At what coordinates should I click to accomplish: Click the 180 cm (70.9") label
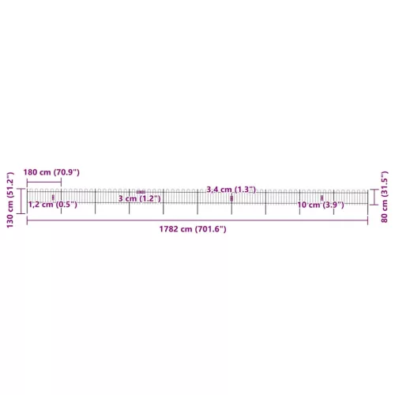tap(51, 172)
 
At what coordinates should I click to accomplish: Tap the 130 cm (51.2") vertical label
tap(10, 200)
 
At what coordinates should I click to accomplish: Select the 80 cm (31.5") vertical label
tap(385, 197)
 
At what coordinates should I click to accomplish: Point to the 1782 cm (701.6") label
tap(193, 229)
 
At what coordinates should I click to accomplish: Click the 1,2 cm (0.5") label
tap(53, 205)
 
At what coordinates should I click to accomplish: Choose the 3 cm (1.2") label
tap(139, 198)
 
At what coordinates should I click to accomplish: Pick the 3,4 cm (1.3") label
tap(231, 190)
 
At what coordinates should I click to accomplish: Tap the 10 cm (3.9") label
tap(321, 205)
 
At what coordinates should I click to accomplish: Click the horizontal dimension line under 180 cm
tap(44, 182)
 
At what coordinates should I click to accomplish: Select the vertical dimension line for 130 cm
tap(21, 201)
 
